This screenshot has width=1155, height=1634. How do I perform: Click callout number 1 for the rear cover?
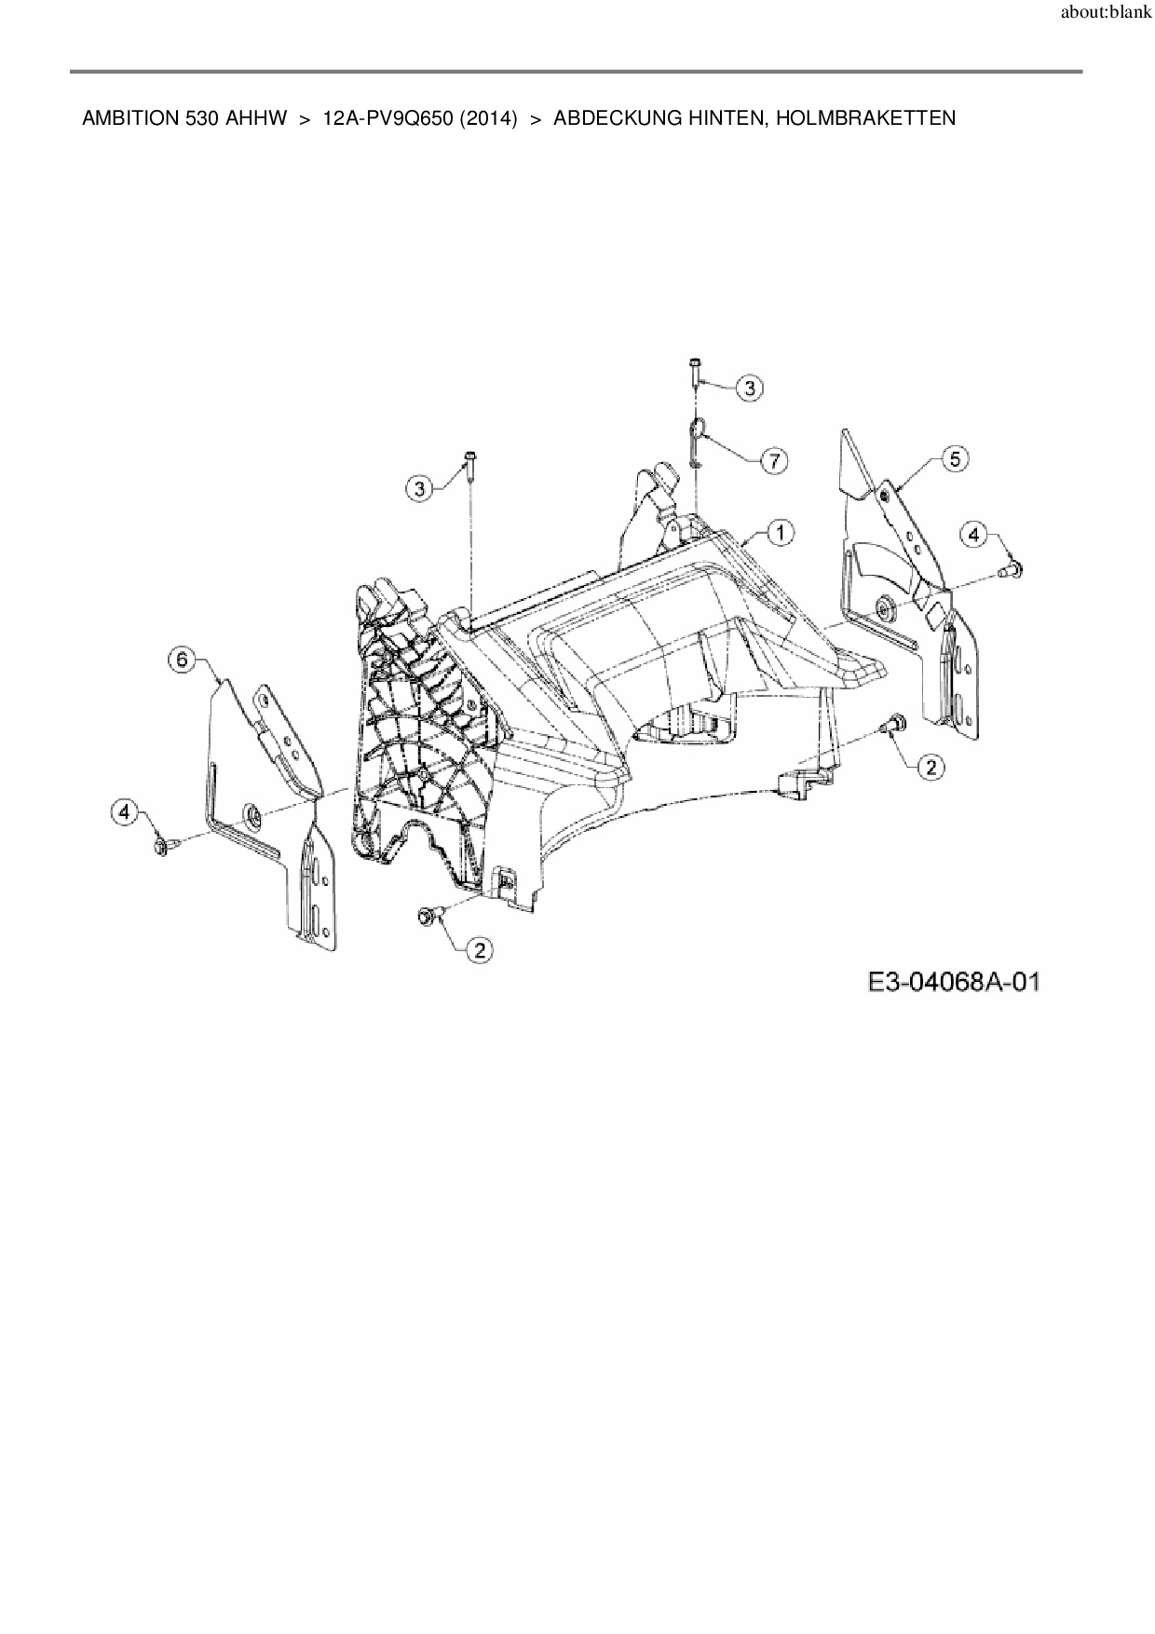780,532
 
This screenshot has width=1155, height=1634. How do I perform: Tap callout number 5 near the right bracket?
955,458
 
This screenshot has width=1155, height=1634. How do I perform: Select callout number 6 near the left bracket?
181,660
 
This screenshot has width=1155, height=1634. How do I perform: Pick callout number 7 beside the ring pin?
774,459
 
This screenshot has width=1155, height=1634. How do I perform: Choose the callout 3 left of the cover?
420,487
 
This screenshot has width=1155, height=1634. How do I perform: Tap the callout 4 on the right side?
973,534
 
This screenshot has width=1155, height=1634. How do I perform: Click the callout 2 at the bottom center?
480,949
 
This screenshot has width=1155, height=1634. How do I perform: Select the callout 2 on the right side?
930,766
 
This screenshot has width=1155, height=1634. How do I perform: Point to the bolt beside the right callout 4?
1012,568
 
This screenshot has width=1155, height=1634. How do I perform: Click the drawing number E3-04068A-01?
952,982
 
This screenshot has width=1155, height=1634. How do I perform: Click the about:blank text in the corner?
1107,15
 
